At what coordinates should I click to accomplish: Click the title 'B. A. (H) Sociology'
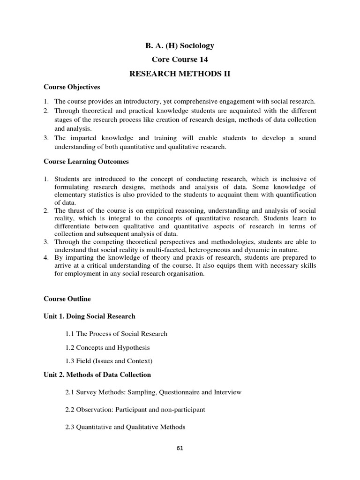[180, 45]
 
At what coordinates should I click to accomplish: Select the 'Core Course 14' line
[180, 60]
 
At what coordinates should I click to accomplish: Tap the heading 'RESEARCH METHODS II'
[180, 74]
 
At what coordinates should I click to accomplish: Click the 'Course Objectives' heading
[72, 87]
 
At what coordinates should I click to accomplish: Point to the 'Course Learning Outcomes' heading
[86, 162]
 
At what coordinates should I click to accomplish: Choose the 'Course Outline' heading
[67, 299]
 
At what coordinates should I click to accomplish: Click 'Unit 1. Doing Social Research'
[90, 316]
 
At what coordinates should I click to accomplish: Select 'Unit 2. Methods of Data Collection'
[97, 375]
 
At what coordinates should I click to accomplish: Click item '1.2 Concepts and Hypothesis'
[107, 347]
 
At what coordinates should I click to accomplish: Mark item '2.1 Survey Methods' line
[153, 392]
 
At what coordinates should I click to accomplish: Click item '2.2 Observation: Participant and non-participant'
[135, 410]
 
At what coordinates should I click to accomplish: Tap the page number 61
[180, 448]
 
